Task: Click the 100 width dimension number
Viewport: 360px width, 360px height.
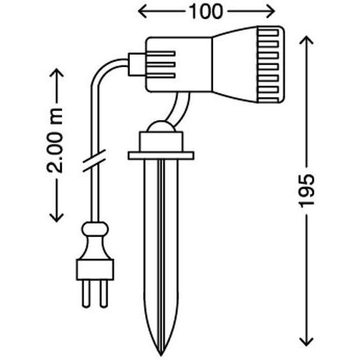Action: [207, 12]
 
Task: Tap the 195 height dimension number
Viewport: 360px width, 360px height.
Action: [306, 190]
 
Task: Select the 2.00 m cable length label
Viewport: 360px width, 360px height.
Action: [55, 140]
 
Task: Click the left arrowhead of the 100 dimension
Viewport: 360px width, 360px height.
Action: [142, 12]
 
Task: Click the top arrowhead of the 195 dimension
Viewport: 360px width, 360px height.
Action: [306, 40]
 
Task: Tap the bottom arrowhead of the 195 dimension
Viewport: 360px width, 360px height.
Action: [306, 342]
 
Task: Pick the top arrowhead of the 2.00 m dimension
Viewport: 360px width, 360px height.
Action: [57, 73]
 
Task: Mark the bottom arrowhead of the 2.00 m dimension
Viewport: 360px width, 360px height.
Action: [57, 218]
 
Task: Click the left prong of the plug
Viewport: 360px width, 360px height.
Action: [86, 294]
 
